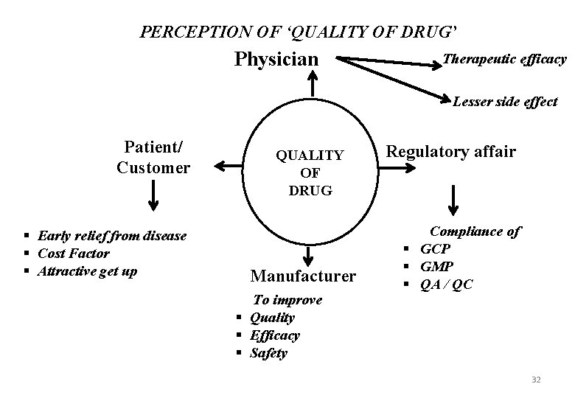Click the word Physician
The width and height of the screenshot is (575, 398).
276,58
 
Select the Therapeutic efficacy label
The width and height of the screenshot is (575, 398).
505,59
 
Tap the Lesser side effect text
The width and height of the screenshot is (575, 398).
505,102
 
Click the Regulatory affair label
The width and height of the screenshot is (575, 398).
451,152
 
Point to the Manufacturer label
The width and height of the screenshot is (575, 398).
303,276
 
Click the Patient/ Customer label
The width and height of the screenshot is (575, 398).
153,156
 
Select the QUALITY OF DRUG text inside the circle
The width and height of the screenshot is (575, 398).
309,172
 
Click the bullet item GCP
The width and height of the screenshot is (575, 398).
435,249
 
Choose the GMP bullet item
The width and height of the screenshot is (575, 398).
436,266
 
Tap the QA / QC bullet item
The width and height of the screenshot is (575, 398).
446,284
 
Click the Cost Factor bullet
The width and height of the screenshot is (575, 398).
73,254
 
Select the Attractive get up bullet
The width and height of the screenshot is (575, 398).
87,270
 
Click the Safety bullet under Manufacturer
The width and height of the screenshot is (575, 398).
268,353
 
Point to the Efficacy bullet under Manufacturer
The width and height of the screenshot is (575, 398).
275,335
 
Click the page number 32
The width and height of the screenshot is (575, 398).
536,379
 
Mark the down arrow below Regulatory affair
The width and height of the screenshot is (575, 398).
453,200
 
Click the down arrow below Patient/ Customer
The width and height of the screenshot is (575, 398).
153,195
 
